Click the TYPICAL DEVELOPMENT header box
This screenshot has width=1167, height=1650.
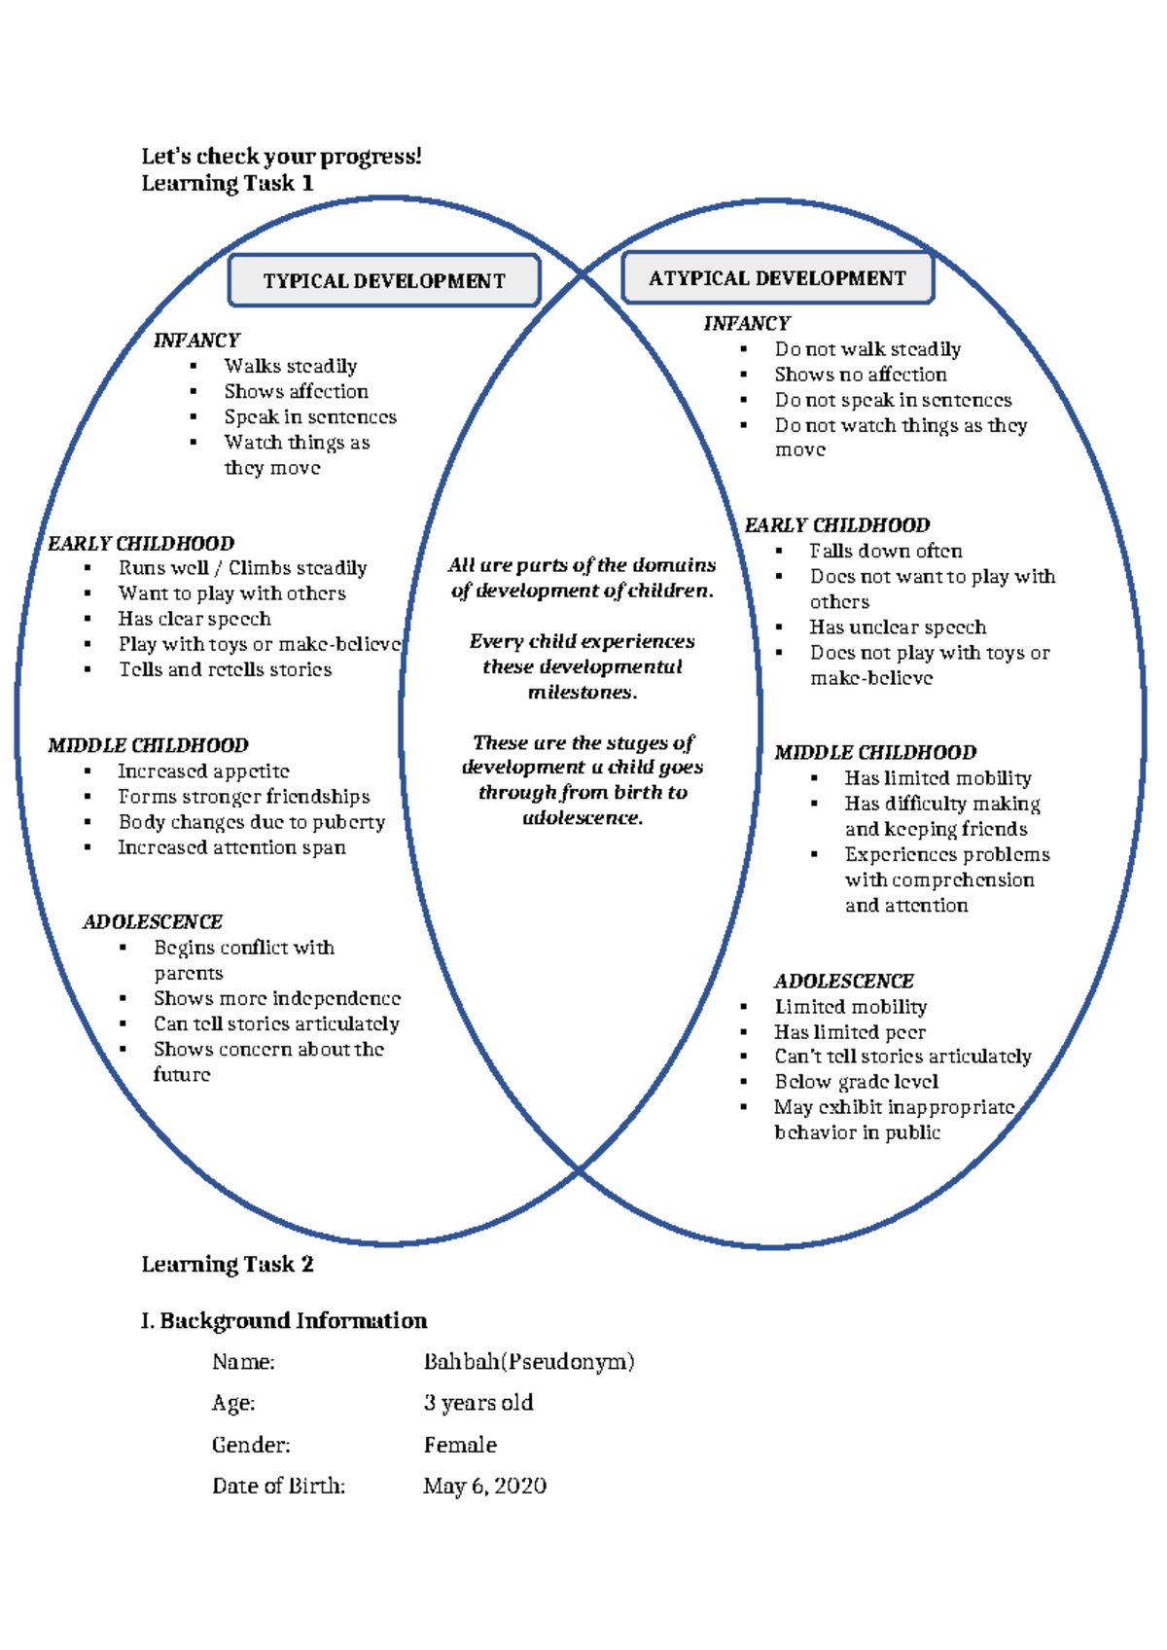point(384,281)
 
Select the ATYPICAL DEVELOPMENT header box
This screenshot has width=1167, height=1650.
point(777,278)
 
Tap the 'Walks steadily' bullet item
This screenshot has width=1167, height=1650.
point(290,366)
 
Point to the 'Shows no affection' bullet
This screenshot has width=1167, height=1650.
point(860,375)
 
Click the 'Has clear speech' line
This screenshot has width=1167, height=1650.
point(194,619)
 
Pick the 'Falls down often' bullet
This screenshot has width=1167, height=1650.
point(886,551)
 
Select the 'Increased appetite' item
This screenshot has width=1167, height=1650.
point(203,771)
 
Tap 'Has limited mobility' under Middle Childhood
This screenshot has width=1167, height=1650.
point(937,778)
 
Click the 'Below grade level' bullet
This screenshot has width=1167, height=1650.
point(856,1082)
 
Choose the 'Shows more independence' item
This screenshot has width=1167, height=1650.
point(276,998)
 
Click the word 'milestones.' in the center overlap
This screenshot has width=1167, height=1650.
point(582,693)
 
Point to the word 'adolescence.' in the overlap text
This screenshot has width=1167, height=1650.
point(583,818)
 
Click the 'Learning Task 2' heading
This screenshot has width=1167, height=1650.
point(227,1264)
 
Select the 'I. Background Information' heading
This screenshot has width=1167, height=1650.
point(283,1320)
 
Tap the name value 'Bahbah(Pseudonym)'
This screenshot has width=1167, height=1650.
point(528,1362)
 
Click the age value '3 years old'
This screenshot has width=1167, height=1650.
point(477,1403)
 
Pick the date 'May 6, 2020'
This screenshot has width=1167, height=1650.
point(484,1486)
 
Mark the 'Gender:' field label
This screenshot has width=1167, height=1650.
point(251,1445)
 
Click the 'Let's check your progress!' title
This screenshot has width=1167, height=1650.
point(281,157)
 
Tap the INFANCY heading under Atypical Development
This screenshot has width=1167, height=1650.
point(746,324)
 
